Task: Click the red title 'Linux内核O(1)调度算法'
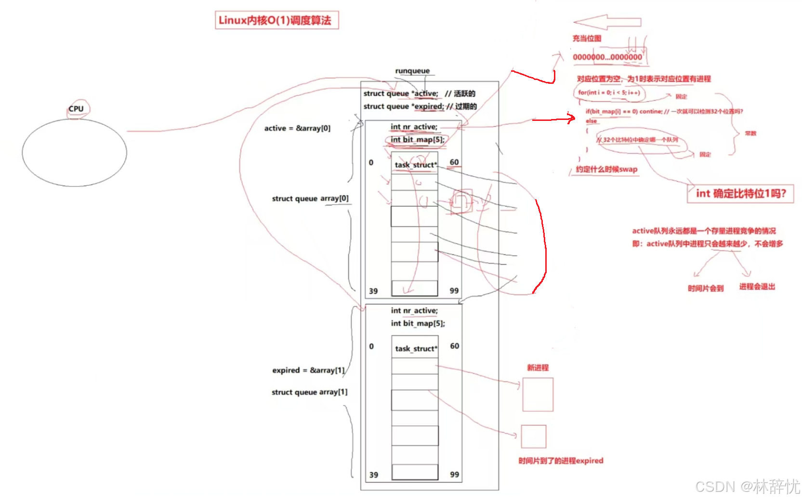[x=276, y=20]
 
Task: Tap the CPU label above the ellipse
[x=76, y=109]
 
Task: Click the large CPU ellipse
[x=74, y=153]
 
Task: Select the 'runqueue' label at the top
[x=412, y=71]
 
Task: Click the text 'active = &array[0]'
[x=297, y=128]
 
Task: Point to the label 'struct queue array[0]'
[x=310, y=198]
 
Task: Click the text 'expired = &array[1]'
[x=308, y=370]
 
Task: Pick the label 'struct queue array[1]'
[x=309, y=392]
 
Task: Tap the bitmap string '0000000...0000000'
[x=607, y=57]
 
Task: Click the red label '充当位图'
[x=587, y=39]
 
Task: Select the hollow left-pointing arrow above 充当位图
[x=607, y=22]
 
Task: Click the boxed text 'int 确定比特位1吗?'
[x=740, y=194]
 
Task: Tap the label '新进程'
[x=538, y=368]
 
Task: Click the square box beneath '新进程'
[x=538, y=395]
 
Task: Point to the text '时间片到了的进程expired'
[x=561, y=461]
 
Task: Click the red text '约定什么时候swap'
[x=606, y=169]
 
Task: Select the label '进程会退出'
[x=757, y=287]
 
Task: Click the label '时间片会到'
[x=706, y=288]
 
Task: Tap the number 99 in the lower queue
[x=454, y=475]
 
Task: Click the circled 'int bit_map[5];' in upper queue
[x=417, y=140]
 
